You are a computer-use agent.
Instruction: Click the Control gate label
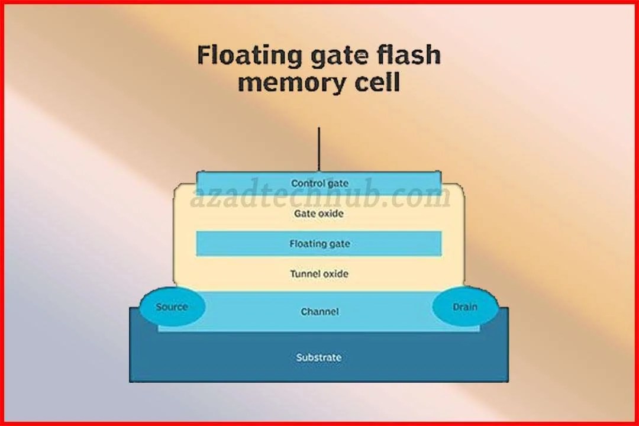(319, 183)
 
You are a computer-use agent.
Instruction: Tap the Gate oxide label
(318, 214)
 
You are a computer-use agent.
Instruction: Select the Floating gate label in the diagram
(319, 244)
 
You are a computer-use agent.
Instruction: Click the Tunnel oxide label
(319, 274)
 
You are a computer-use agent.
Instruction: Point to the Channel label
(319, 311)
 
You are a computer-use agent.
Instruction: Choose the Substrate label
(319, 357)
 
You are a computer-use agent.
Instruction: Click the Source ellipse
(172, 307)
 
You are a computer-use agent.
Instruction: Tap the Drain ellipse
(465, 307)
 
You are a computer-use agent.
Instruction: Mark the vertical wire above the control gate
(319, 148)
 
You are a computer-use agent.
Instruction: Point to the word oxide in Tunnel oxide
(335, 274)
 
